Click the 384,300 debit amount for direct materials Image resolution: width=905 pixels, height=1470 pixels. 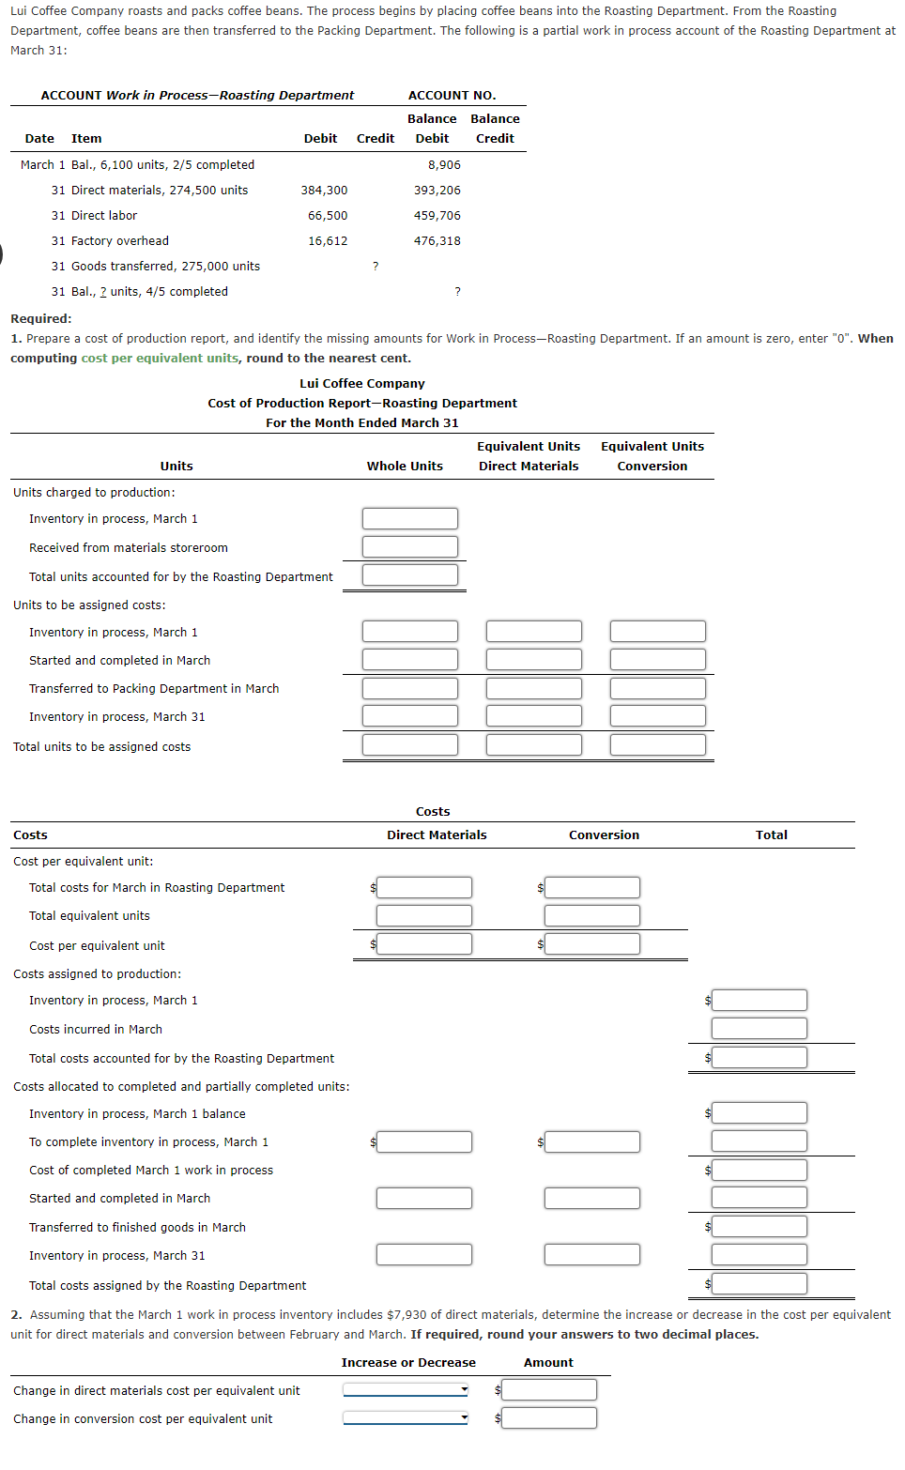pos(324,191)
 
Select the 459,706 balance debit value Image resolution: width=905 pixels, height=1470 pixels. pos(437,216)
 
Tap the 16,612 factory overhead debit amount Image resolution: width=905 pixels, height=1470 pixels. pos(328,241)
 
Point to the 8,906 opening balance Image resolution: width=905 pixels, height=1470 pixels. pos(444,165)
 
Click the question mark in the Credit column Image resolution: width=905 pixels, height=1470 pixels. pos(376,267)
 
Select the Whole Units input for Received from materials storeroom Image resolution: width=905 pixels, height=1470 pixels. pos(410,547)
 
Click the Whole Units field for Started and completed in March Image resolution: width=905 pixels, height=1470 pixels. pos(410,660)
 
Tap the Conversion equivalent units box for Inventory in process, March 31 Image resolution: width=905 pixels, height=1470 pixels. pos(657,716)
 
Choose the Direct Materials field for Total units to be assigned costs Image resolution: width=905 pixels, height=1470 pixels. pos(533,745)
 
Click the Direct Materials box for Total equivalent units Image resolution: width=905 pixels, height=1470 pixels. pos(424,916)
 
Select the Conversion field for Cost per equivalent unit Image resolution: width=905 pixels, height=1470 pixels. pos(592,944)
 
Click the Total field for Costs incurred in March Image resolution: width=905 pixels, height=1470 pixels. pos(759,1029)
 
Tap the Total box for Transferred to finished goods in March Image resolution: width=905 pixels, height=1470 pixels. pos(759,1227)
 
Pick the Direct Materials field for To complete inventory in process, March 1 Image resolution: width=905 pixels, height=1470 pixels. pos(424,1142)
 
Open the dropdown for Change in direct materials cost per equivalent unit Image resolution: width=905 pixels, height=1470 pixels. pos(406,1390)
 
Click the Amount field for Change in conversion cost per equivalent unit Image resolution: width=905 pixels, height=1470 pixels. pos(549,1418)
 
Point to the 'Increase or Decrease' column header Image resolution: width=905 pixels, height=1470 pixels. pos(408,1363)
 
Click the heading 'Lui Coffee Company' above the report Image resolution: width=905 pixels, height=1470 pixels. pos(362,384)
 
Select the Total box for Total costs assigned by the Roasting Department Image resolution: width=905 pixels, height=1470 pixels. pos(759,1284)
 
